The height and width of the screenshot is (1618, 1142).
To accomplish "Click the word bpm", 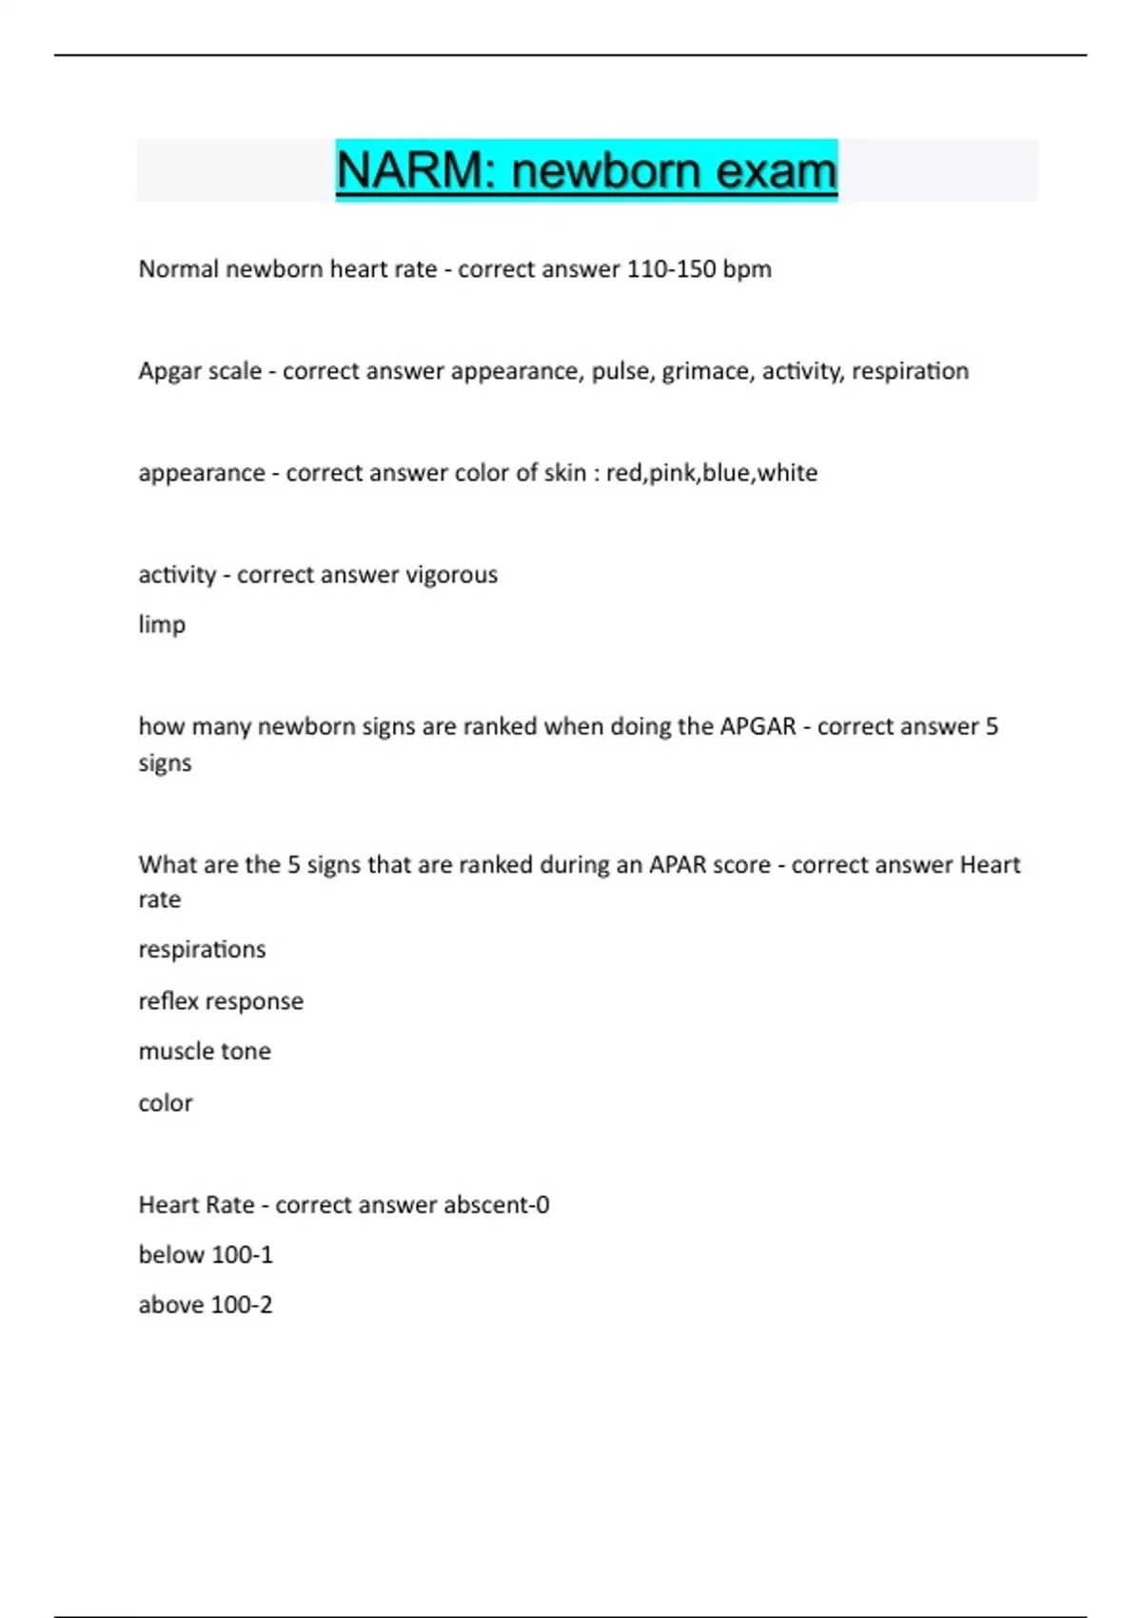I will (747, 269).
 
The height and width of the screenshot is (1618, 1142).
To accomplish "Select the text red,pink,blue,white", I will (712, 473).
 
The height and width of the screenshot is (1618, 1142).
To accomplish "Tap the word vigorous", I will (451, 575).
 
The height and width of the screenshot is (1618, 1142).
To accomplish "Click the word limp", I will (162, 625).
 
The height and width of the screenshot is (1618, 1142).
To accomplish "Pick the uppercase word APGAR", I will (758, 726).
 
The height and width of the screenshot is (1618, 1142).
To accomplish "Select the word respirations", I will (202, 950).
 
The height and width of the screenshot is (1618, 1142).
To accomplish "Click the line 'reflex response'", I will (221, 1001).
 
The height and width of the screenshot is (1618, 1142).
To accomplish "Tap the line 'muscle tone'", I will (205, 1052).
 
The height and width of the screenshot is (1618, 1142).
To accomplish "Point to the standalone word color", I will (166, 1103).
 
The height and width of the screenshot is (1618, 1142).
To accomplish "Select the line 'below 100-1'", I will (206, 1255).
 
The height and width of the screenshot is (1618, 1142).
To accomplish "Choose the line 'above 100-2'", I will (206, 1305).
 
